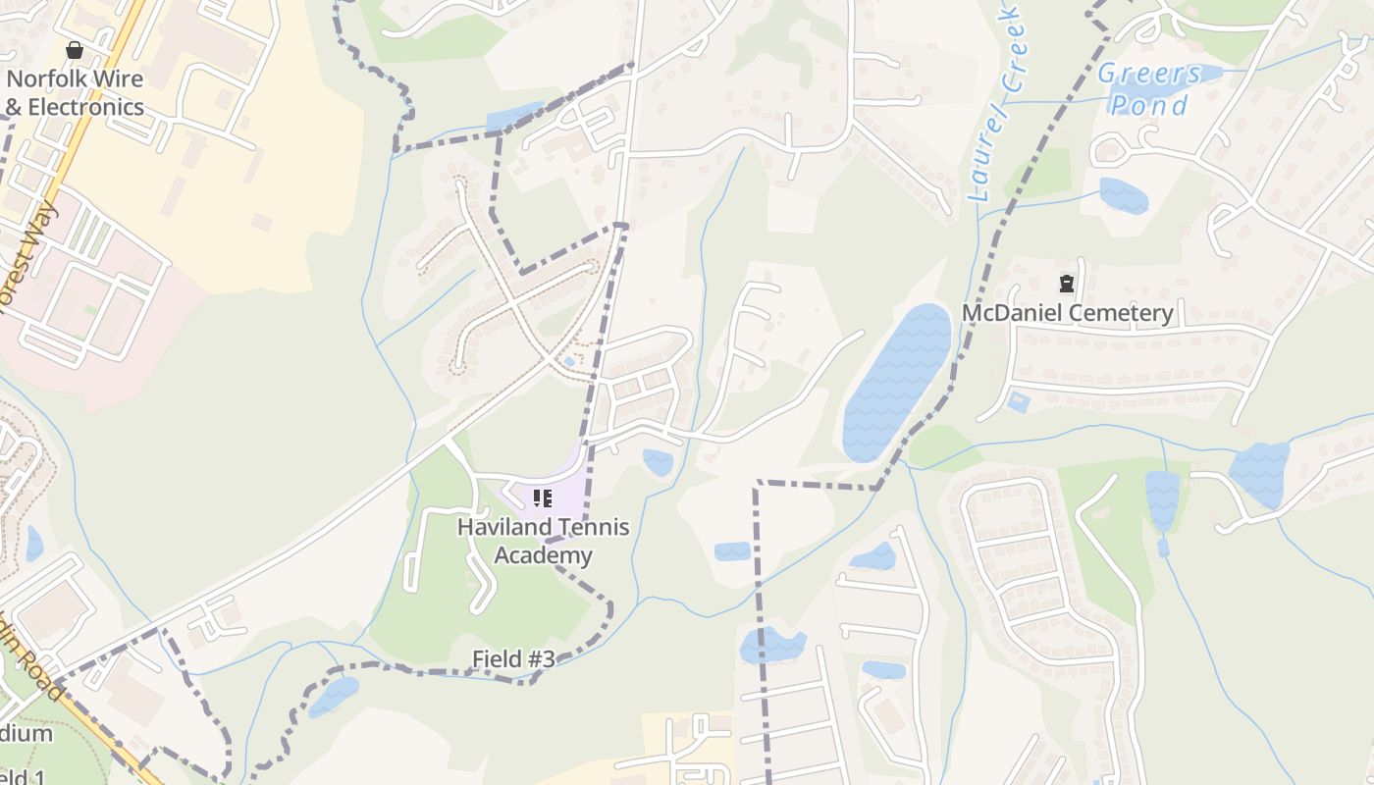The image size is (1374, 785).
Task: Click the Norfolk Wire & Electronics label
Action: pos(75,93)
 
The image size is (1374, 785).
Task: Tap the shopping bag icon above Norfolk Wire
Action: pos(75,49)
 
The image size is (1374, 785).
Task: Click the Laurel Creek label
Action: pos(996,103)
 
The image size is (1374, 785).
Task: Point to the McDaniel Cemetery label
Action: pos(1067,313)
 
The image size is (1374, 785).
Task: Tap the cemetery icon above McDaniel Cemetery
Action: pos(1066,285)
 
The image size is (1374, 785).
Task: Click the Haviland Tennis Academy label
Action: pos(543,541)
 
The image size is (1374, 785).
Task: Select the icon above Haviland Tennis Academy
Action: pos(543,498)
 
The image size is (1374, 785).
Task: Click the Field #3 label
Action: pos(513,659)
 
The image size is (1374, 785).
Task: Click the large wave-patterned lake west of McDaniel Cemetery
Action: pos(895,383)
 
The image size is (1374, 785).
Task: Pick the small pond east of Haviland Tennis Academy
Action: pos(658,461)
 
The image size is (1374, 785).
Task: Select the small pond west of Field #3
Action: pos(334,696)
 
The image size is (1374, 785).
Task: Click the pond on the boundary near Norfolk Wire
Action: pos(513,117)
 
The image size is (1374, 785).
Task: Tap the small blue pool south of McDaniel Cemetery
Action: pos(1018,402)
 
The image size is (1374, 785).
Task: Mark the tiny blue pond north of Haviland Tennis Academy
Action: pos(569,362)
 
